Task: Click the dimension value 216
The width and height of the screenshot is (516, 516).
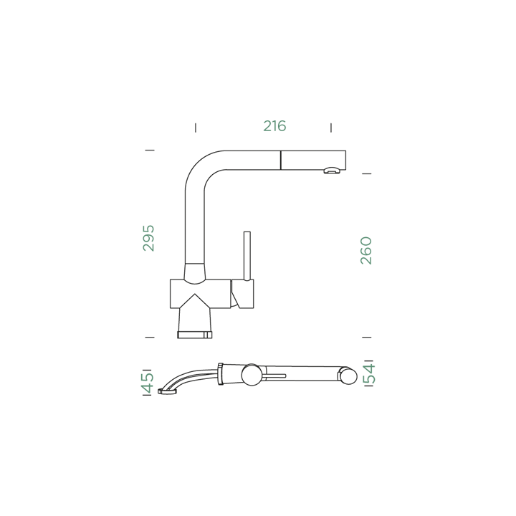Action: click(274, 126)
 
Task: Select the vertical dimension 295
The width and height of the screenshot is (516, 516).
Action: click(148, 238)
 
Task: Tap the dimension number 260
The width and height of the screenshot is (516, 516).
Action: click(366, 250)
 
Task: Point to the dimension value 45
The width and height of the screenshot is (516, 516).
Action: click(147, 383)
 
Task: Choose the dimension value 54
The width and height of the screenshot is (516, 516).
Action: click(369, 374)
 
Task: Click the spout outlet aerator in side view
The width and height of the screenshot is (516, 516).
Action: click(332, 171)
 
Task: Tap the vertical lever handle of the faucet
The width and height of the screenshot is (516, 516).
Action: click(247, 256)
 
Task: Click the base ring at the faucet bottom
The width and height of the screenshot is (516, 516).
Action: click(194, 335)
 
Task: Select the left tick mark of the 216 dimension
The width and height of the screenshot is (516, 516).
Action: click(196, 128)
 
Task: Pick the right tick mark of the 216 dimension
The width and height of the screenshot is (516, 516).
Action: click(331, 128)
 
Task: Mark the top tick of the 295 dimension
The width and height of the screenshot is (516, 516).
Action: click(150, 150)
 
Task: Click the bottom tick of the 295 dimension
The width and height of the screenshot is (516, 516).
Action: click(150, 338)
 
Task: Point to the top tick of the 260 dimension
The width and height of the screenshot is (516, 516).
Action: click(367, 173)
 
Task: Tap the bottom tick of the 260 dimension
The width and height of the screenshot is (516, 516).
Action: click(367, 338)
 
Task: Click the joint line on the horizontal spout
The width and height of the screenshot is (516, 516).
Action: click(281, 161)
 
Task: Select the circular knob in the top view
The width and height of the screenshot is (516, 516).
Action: click(252, 375)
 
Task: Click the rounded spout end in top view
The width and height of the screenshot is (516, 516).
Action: click(348, 376)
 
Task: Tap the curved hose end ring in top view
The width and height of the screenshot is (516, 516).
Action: click(167, 391)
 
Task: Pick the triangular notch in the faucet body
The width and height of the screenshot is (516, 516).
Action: click(195, 301)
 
